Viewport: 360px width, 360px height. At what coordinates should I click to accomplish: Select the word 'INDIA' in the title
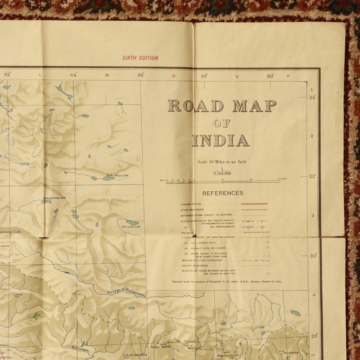point(221,140)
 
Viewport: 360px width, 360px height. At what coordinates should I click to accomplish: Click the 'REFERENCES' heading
point(222,193)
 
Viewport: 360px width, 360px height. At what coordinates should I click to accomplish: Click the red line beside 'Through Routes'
point(254,204)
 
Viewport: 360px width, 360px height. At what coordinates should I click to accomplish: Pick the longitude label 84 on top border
point(73,75)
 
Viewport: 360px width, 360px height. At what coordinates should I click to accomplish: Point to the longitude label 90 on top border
point(271,76)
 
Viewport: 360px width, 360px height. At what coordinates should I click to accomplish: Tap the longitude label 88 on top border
point(204,76)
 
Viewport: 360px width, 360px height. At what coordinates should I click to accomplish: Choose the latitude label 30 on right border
point(313,256)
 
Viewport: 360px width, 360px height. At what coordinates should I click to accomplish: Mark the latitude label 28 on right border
point(313,335)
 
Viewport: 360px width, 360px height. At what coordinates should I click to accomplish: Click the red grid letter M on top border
point(107,76)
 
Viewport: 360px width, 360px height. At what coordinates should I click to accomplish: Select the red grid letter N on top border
point(173,76)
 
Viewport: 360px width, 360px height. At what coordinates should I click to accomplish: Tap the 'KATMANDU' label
point(134,355)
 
